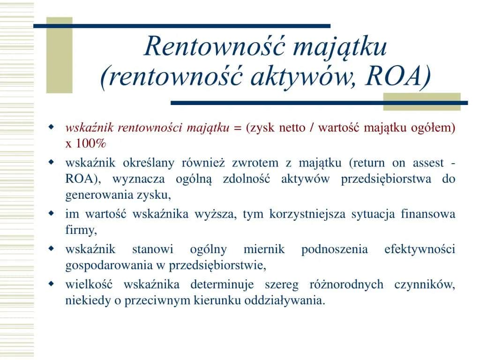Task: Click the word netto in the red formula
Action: (x=292, y=127)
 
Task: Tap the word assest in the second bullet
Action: (x=427, y=163)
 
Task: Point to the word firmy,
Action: (x=81, y=231)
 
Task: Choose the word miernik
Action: (x=264, y=249)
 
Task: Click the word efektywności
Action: (x=420, y=249)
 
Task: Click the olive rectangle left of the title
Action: (x=60, y=55)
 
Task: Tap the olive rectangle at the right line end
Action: (x=421, y=102)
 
